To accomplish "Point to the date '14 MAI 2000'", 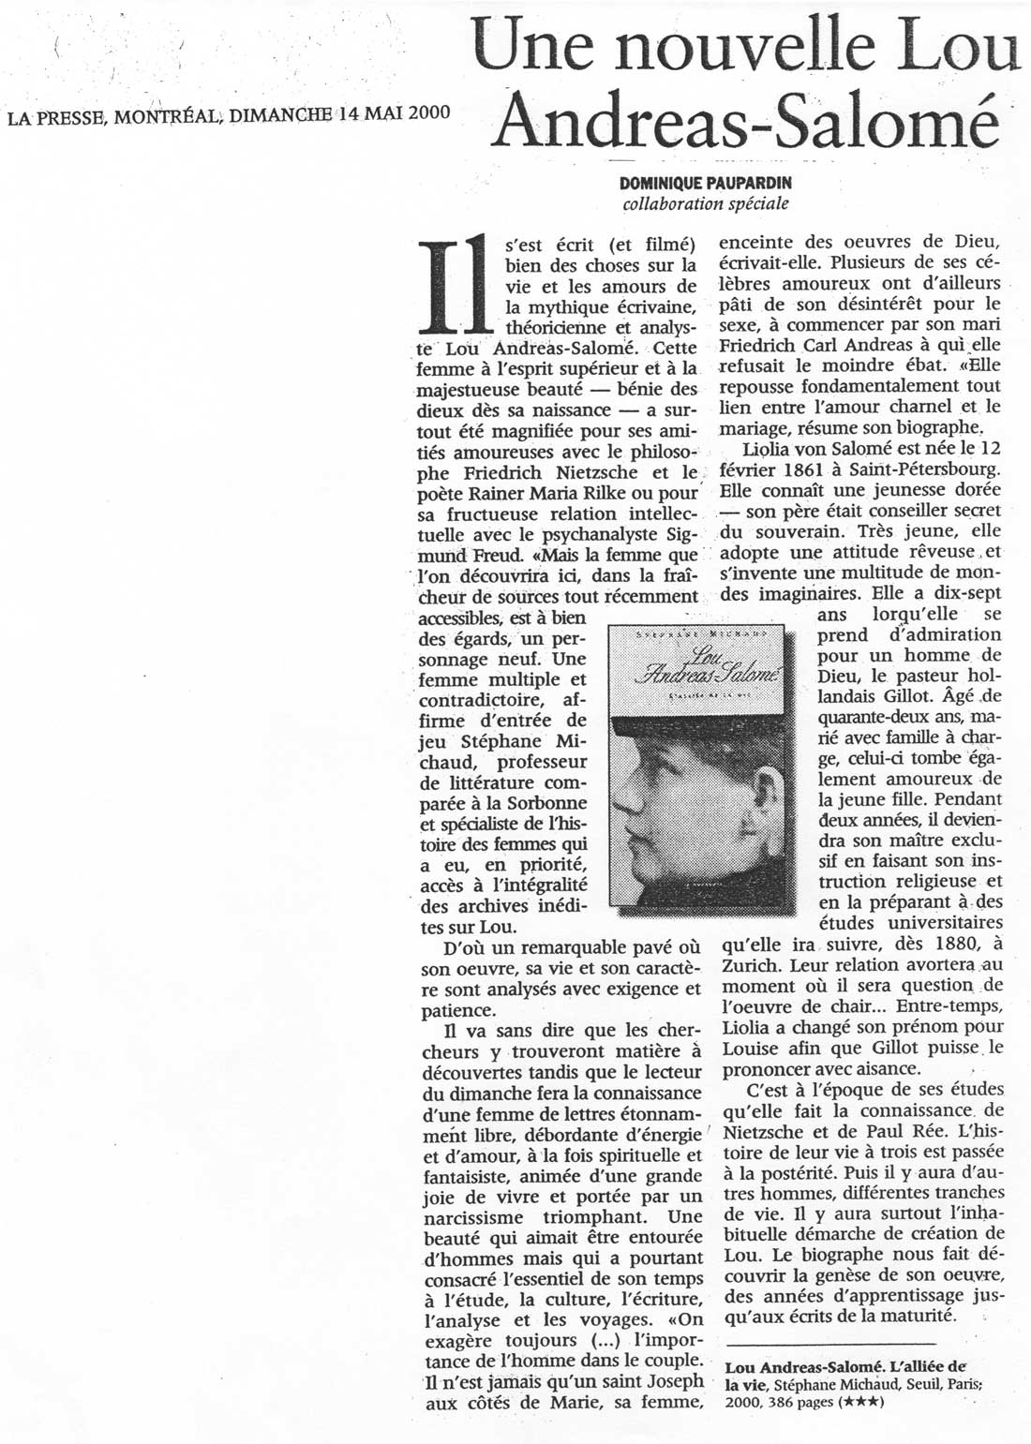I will tap(394, 114).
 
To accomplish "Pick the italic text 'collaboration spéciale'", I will tap(705, 203).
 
